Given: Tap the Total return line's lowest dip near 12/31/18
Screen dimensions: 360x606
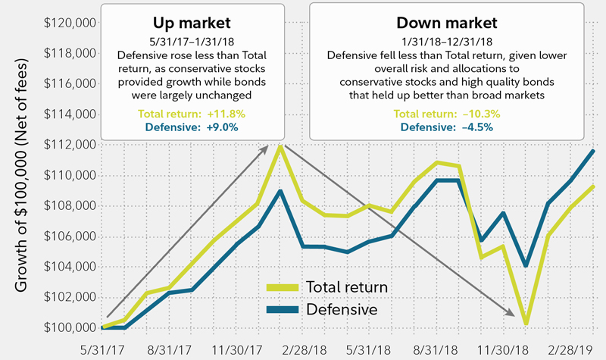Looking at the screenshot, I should pos(524,324).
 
